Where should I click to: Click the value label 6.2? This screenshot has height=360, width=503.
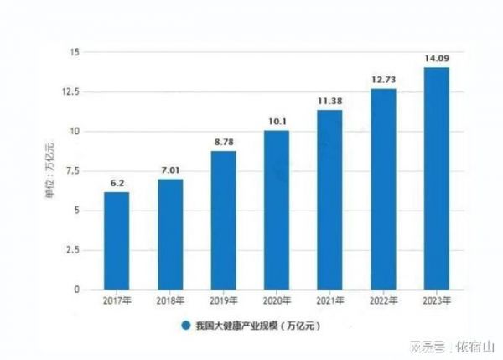point(117,184)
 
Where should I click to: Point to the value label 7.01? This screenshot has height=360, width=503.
point(169,171)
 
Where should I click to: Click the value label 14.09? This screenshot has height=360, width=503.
point(436,59)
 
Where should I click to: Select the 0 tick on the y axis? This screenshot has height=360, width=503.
point(76,290)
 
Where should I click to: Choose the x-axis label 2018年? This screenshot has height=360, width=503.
point(169,301)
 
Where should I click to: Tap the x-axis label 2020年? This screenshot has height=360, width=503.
point(276,301)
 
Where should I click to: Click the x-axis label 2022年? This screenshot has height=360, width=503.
point(382,301)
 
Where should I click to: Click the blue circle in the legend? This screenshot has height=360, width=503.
point(181,325)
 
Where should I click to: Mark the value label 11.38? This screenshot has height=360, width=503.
point(329,102)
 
